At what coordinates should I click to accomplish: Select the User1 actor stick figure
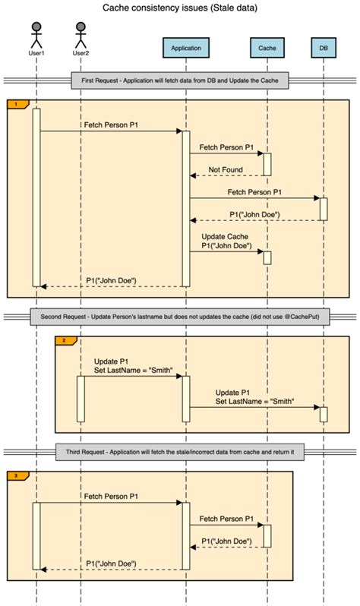click(36, 35)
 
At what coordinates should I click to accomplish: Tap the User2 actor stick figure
click(81, 35)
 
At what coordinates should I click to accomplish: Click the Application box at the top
click(185, 48)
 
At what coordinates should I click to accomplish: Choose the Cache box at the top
click(267, 48)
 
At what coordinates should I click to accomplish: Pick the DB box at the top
click(323, 48)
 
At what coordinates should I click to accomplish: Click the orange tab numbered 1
click(17, 103)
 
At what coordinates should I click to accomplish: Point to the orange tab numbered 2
click(65, 341)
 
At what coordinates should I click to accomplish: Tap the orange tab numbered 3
click(17, 476)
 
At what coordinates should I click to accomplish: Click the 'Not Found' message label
click(226, 169)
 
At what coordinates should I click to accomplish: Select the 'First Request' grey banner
click(179, 80)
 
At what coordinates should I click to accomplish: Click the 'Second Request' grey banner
click(179, 317)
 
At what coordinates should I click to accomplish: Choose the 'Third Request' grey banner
click(179, 453)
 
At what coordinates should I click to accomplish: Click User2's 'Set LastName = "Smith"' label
click(133, 370)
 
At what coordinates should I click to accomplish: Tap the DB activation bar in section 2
click(323, 414)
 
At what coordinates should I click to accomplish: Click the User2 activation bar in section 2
click(81, 398)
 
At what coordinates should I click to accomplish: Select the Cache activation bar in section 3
click(267, 535)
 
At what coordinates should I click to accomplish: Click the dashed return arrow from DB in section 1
click(254, 220)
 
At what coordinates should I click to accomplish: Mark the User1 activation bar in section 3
click(36, 535)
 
